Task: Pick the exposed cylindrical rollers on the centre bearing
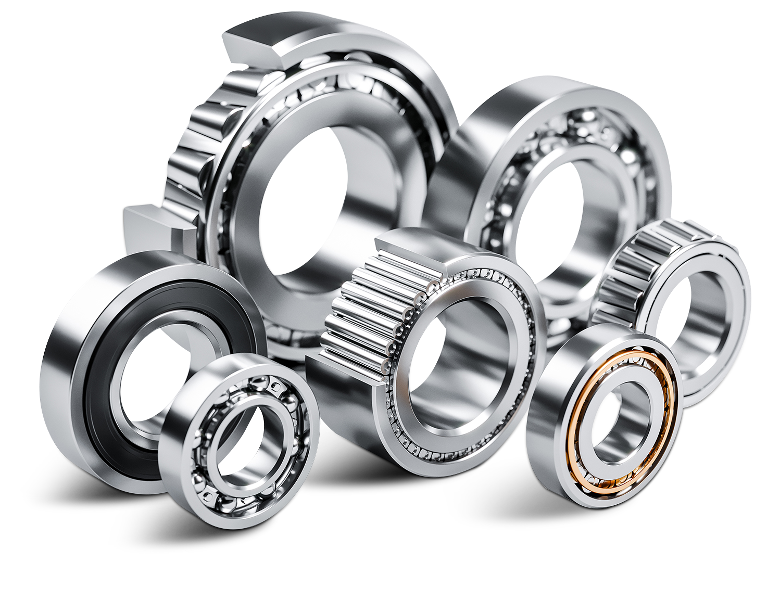(x=359, y=312)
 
